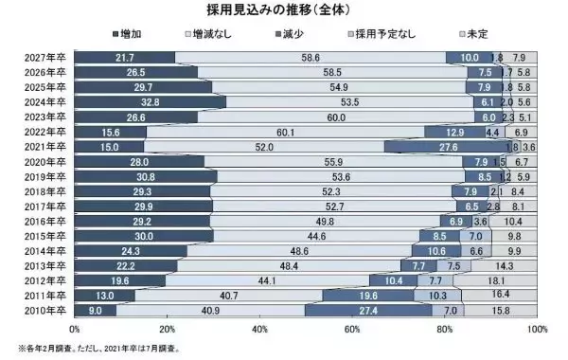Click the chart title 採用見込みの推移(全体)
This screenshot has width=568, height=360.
click(x=284, y=10)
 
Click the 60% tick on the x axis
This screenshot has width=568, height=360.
click(x=352, y=329)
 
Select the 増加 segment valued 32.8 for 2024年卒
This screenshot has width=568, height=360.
click(x=151, y=102)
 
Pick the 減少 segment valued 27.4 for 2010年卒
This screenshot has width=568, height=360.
click(x=370, y=310)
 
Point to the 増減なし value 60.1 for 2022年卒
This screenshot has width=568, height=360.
click(x=285, y=132)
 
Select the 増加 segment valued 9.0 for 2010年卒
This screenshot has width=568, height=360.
click(x=95, y=310)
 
